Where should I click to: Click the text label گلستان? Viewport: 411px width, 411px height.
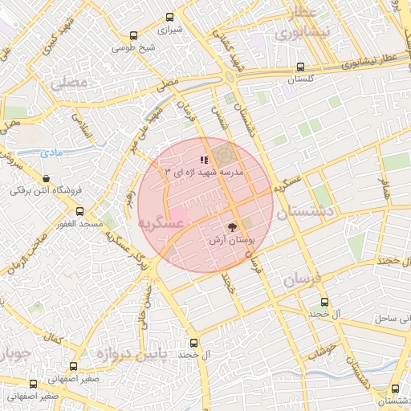pos(299,80)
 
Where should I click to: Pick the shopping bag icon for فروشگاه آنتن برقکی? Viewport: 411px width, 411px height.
pos(46,179)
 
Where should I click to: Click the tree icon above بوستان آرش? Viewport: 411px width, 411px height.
pos(233,227)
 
